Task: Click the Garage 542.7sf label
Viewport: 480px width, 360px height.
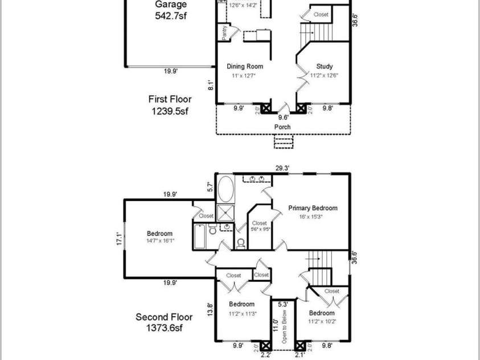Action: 170,10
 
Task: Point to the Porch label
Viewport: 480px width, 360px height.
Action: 282,126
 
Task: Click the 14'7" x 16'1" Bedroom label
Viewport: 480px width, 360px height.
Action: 160,237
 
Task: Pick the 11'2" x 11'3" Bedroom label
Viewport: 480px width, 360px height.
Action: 243,308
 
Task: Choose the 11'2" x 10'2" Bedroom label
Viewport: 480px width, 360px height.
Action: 322,317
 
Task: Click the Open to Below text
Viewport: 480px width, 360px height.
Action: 283,331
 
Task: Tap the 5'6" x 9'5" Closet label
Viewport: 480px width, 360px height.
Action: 260,226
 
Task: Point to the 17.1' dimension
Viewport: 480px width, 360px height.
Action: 118,238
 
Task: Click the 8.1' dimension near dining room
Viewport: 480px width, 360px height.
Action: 210,85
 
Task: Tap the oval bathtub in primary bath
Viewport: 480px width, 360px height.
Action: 226,189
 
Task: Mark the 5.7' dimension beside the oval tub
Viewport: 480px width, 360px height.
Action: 210,186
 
